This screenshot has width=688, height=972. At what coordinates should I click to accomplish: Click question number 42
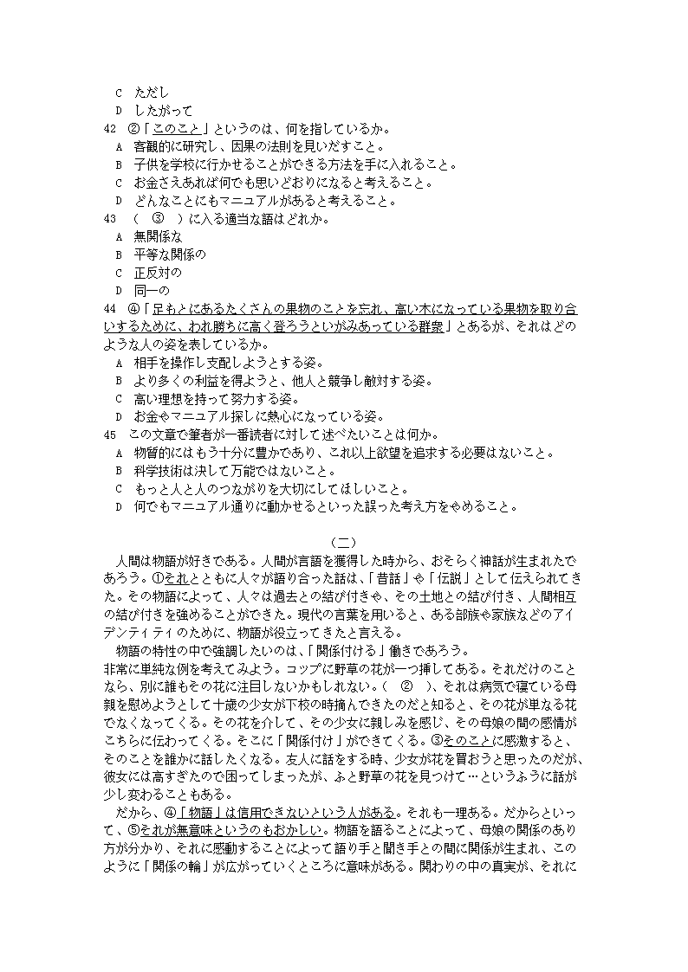pos(109,129)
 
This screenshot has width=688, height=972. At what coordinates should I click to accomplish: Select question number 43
pos(109,219)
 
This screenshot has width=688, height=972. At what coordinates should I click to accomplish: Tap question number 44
pos(109,309)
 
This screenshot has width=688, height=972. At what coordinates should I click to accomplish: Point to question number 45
pos(109,435)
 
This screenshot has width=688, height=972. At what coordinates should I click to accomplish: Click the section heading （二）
pos(344,543)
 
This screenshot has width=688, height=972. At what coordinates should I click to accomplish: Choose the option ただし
pos(152,93)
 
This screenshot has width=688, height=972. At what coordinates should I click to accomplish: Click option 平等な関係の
pos(170,254)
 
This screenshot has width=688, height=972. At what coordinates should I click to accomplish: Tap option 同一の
pos(152,291)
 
